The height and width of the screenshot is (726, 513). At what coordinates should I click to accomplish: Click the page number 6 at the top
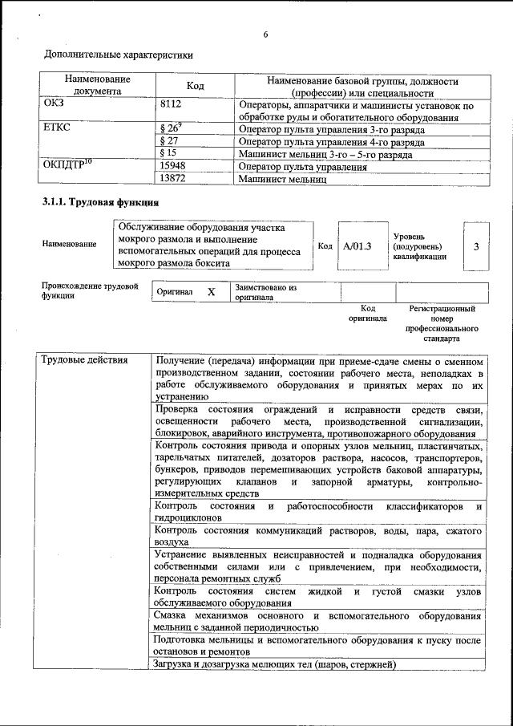tap(265, 34)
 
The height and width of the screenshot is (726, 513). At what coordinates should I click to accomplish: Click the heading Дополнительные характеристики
tap(118, 55)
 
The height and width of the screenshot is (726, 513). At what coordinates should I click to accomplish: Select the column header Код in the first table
tap(196, 86)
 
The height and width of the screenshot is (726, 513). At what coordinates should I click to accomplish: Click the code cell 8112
tap(172, 105)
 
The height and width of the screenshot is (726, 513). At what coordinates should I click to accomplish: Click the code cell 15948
tap(173, 167)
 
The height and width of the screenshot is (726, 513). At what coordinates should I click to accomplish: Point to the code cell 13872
tap(173, 180)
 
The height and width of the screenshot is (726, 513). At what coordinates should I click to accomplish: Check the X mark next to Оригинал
tap(212, 292)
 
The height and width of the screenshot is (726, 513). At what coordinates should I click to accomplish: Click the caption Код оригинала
tap(367, 313)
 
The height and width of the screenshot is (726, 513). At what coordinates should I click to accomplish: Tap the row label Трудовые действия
tap(84, 359)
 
